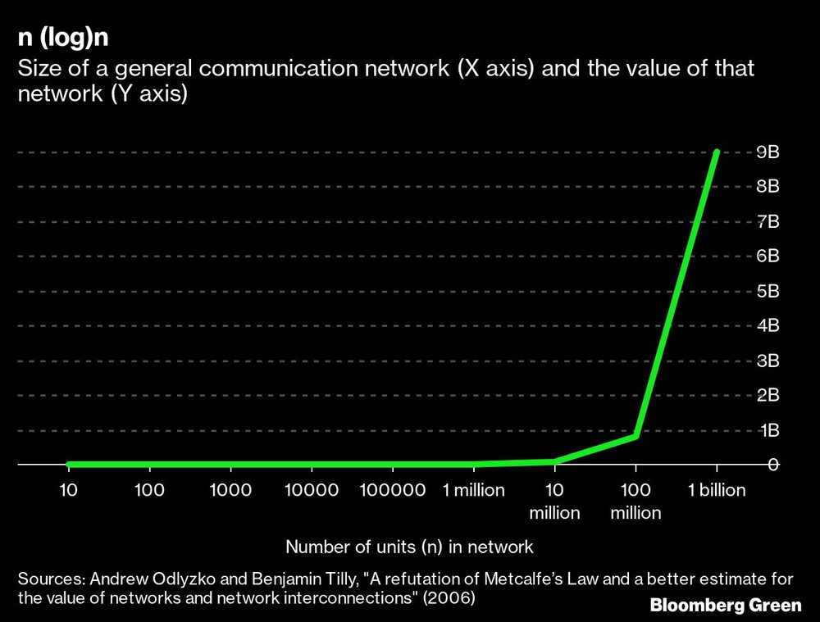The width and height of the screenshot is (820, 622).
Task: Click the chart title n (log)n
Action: [x=62, y=39]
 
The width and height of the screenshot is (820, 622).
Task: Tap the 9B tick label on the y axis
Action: [x=767, y=152]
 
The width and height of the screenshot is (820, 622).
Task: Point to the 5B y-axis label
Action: [x=767, y=291]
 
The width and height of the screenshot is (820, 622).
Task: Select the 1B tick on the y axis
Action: [x=767, y=430]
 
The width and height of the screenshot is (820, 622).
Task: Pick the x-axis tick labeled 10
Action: [x=69, y=490]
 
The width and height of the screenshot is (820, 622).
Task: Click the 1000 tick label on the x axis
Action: [x=230, y=490]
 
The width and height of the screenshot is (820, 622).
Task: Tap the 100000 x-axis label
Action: [x=393, y=490]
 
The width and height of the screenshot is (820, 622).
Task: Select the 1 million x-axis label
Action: [x=474, y=490]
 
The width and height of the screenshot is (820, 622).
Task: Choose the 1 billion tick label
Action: [x=717, y=490]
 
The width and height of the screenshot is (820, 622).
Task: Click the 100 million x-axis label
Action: [x=635, y=502]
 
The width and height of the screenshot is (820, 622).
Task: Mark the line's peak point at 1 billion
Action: [x=717, y=152]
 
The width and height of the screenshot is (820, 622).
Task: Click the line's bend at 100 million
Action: [x=635, y=436]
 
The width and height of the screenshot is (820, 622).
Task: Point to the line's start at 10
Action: [x=69, y=465]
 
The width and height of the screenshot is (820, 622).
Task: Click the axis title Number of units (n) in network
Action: [x=409, y=547]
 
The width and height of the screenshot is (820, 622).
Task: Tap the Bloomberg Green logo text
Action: [x=725, y=606]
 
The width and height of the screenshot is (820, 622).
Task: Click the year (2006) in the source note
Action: [x=449, y=598]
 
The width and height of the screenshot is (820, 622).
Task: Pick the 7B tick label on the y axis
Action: [x=767, y=221]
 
